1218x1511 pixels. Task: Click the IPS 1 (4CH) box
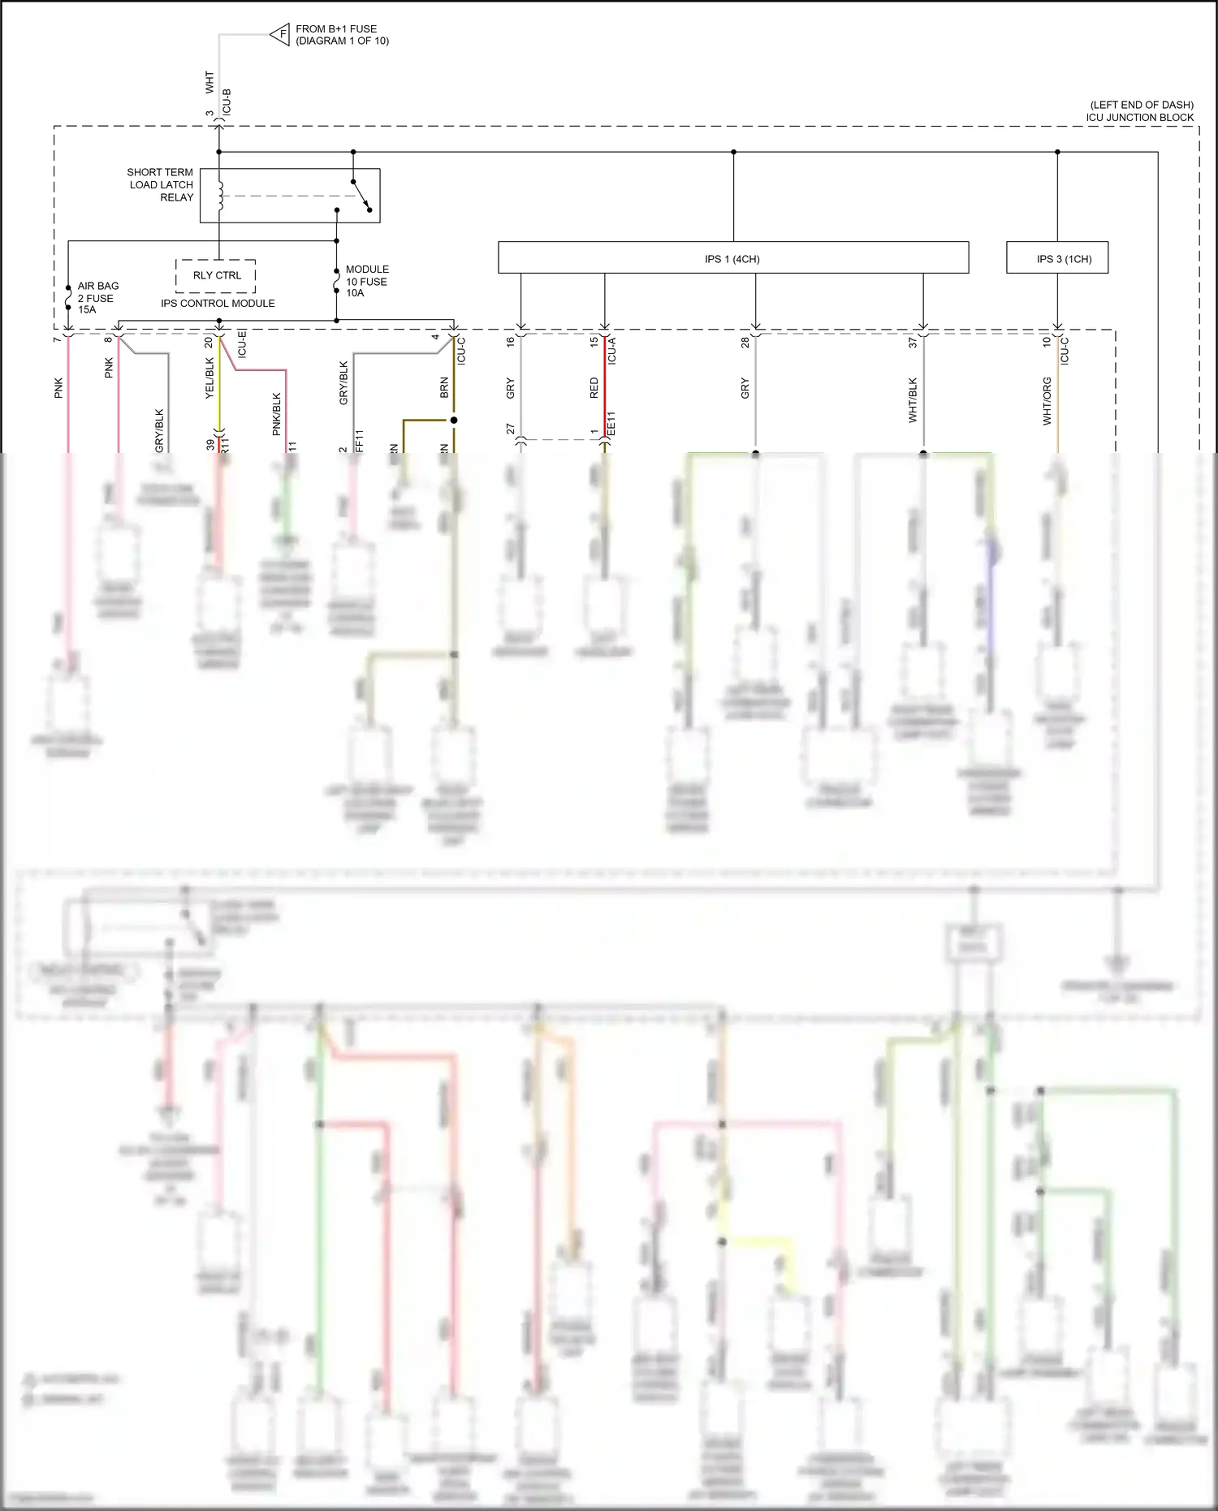(732, 258)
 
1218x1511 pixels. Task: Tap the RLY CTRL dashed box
(216, 275)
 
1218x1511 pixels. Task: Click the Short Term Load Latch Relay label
(160, 185)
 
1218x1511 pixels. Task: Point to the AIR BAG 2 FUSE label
(97, 297)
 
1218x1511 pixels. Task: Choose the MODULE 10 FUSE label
(366, 281)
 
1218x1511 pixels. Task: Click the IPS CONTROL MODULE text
(218, 304)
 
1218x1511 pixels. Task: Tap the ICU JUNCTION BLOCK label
(1139, 117)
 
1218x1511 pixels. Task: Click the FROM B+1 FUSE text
(336, 29)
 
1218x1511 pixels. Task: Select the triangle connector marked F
(281, 34)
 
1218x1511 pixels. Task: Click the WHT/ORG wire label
(1047, 400)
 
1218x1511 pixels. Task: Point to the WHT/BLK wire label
(913, 399)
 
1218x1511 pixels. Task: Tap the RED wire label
(594, 388)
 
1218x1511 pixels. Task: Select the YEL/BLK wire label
(209, 378)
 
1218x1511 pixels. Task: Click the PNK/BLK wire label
(276, 413)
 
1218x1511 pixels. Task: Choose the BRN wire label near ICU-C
(444, 387)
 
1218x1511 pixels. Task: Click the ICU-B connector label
(227, 101)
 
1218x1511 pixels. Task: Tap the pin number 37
(913, 343)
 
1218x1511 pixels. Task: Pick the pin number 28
(745, 343)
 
